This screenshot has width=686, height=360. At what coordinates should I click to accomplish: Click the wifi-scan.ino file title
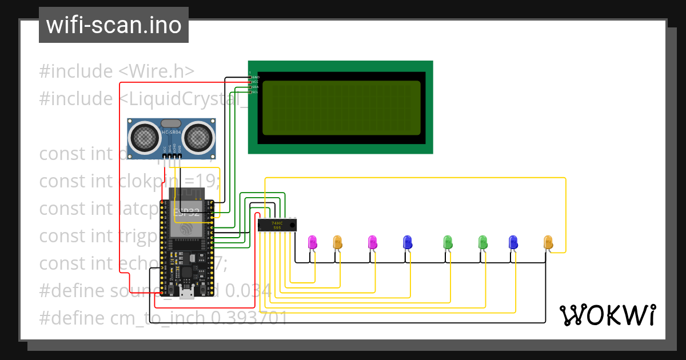pos(114,26)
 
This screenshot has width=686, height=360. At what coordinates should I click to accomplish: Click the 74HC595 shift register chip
pos(277,225)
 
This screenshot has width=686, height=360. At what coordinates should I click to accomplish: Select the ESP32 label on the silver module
pos(187,212)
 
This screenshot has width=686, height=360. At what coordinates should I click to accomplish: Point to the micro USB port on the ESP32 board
pos(186,294)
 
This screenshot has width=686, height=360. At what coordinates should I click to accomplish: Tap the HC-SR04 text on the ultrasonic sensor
pos(171,133)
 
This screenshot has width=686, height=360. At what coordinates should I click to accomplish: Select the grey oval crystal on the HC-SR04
pos(171,123)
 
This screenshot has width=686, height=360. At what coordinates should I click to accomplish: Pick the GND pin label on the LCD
pos(256,77)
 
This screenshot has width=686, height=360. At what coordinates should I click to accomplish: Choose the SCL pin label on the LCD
pos(256,92)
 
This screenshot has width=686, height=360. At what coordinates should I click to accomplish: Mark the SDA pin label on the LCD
pos(256,87)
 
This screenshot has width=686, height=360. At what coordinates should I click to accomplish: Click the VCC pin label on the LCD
pos(256,82)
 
